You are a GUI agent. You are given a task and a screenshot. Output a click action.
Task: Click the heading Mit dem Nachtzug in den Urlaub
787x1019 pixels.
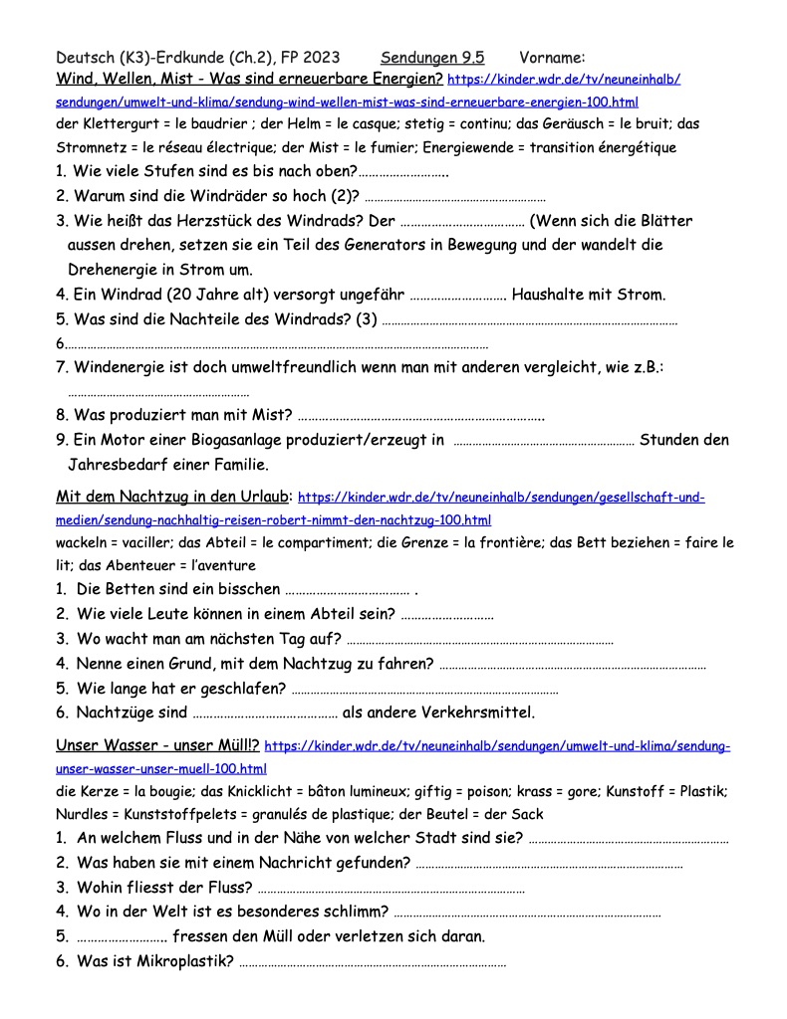[x=173, y=496]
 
